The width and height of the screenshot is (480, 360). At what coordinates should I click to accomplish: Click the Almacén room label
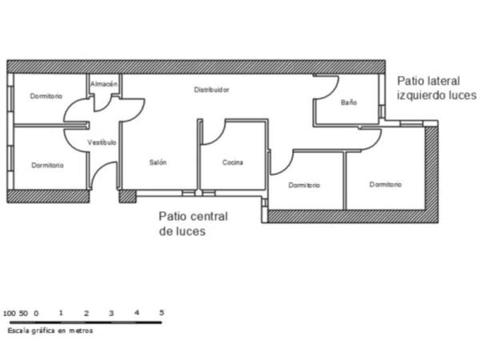[104, 83]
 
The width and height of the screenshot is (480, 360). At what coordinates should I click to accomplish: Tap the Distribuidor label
[211, 90]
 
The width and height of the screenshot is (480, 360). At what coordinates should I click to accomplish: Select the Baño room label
[349, 102]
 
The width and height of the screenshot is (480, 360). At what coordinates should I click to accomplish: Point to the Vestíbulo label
[102, 142]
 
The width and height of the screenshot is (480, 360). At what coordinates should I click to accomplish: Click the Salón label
[158, 162]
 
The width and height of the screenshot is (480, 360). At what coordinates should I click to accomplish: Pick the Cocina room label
[233, 162]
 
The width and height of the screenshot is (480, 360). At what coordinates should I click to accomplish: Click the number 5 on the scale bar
[162, 313]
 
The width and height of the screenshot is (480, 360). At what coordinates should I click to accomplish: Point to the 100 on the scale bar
[9, 313]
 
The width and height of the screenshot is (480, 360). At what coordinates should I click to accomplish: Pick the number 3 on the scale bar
[111, 313]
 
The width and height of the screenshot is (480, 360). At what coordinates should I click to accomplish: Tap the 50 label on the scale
[23, 313]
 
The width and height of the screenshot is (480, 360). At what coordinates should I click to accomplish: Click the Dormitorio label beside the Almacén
[46, 96]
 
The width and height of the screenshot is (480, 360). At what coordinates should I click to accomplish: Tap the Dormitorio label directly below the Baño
[386, 184]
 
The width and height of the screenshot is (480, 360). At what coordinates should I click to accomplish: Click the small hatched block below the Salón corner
[128, 197]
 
